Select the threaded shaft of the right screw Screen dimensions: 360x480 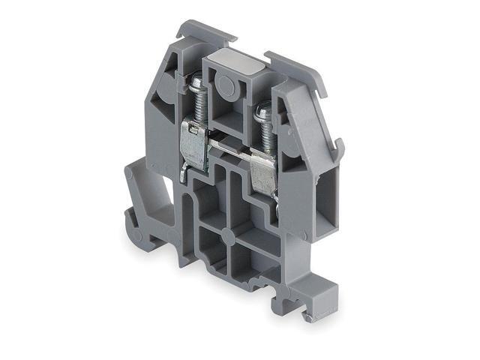click(x=265, y=135)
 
